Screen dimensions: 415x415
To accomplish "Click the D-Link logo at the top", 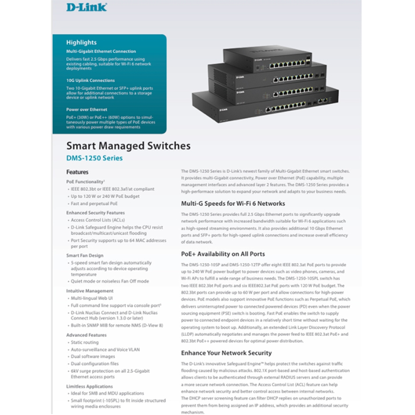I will [86, 7].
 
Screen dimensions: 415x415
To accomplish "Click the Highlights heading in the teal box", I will [81, 42].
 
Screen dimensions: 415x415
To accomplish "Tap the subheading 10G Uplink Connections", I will [90, 81].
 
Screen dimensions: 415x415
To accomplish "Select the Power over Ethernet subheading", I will [87, 110].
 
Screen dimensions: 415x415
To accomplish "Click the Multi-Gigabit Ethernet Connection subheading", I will [101, 51].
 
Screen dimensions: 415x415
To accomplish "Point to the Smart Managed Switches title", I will [128, 146].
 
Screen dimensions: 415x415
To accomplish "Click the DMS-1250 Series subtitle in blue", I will [94, 158].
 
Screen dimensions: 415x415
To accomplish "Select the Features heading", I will [77, 172].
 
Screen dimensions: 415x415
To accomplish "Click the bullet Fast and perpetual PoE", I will [94, 204].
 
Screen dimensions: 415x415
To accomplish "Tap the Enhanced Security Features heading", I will [95, 213].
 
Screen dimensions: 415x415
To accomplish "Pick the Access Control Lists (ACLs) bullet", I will [98, 220].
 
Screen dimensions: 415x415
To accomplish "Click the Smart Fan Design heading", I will [85, 256].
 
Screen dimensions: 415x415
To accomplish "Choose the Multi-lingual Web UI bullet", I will [92, 298].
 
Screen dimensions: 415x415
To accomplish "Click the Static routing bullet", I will [85, 342].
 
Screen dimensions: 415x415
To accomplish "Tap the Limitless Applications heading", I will [90, 386].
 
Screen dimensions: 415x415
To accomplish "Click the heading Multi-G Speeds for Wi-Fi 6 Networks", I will [233, 204].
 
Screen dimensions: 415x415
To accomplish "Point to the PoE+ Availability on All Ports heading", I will [223, 254].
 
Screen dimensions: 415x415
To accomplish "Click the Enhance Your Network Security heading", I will [226, 353].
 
